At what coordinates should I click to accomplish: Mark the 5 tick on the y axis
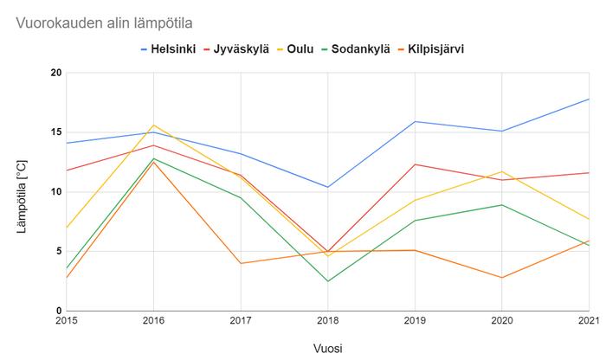pyautogui.click(x=58, y=252)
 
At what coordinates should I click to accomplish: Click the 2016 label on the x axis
pyautogui.click(x=153, y=319)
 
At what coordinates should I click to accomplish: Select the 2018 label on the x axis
pyautogui.click(x=327, y=319)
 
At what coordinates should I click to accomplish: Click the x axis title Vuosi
pyautogui.click(x=327, y=347)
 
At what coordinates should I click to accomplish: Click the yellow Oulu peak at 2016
pyautogui.click(x=153, y=125)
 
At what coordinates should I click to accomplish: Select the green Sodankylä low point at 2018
pyautogui.click(x=327, y=281)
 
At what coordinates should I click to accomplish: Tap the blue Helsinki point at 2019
pyautogui.click(x=415, y=121)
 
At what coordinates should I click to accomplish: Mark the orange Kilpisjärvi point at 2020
pyautogui.click(x=501, y=278)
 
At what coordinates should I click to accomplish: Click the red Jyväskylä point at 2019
pyautogui.click(x=415, y=164)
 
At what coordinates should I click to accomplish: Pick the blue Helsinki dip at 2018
pyautogui.click(x=327, y=187)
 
